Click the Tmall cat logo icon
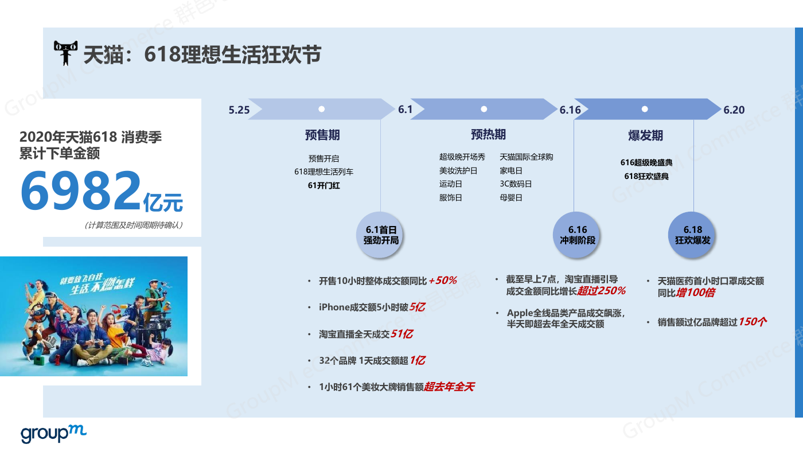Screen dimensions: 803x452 pos(65,53)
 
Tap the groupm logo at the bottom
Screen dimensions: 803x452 pos(53,434)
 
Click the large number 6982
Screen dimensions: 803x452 pos(81,190)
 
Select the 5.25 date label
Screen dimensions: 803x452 pos(239,110)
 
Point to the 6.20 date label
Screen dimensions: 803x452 pos(734,110)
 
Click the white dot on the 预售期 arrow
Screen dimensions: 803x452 pos(322,109)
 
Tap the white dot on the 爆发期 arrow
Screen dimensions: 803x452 pos(645,109)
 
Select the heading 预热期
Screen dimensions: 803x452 pos(488,135)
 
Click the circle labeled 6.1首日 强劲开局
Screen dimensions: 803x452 pos(380,235)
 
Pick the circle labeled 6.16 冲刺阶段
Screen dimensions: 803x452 pos(577,235)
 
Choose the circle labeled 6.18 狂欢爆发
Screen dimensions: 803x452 pos(692,235)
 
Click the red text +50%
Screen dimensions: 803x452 pos(443,280)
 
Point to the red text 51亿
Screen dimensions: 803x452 pos(402,334)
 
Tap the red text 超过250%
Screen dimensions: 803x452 pos(602,291)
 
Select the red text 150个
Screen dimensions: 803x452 pos(753,322)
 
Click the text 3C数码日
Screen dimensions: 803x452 pos(516,184)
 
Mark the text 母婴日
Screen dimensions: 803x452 pos(511,197)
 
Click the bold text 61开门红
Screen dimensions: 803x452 pos(323,185)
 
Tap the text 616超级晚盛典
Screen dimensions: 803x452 pos(646,162)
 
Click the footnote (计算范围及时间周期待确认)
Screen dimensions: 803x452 pos(134,225)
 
